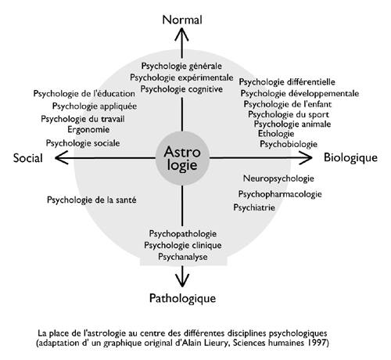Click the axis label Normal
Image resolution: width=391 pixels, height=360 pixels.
tap(182, 20)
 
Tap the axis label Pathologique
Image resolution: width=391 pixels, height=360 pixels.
tap(182, 298)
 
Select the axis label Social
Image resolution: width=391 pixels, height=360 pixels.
tap(28, 158)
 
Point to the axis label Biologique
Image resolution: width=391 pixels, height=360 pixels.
tap(350, 158)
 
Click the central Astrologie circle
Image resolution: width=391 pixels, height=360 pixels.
tap(182, 158)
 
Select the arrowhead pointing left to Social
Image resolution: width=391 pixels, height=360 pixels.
tap(61, 158)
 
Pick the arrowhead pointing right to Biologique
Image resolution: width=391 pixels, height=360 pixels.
tap(306, 157)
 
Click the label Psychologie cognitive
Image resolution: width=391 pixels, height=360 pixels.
tap(181, 89)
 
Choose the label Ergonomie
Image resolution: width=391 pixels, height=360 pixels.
tap(88, 130)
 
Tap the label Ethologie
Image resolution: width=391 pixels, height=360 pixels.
tap(276, 134)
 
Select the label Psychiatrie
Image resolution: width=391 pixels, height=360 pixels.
tap(254, 207)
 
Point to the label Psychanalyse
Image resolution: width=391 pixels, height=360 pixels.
tap(183, 257)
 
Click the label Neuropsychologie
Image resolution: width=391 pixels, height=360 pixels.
tap(278, 178)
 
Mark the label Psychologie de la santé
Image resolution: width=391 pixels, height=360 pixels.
tap(91, 200)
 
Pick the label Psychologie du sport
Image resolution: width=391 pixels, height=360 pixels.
tap(289, 114)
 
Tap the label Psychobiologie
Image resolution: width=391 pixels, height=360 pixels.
tap(289, 144)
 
